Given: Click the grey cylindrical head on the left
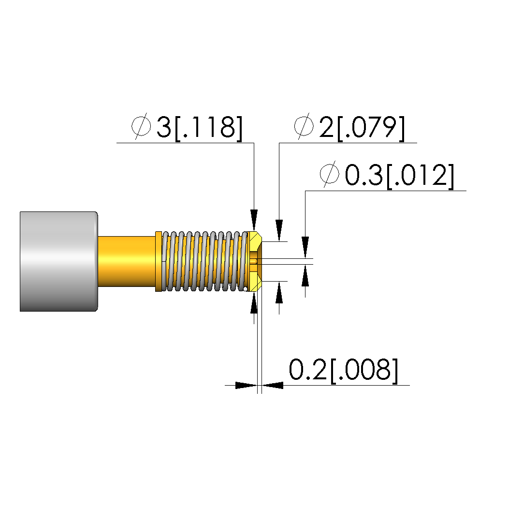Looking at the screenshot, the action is point(59,261).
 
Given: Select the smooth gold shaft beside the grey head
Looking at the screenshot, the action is point(127,261).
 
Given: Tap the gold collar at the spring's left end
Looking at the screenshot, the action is point(159,261).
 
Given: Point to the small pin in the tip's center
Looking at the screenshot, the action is point(254,261).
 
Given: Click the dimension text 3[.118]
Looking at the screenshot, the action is point(199,128).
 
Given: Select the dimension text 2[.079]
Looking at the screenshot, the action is point(362,128).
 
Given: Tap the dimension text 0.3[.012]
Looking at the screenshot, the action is point(399,176).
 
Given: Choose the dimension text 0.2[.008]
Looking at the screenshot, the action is point(344,370).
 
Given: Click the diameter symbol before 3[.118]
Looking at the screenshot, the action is point(141,126).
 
